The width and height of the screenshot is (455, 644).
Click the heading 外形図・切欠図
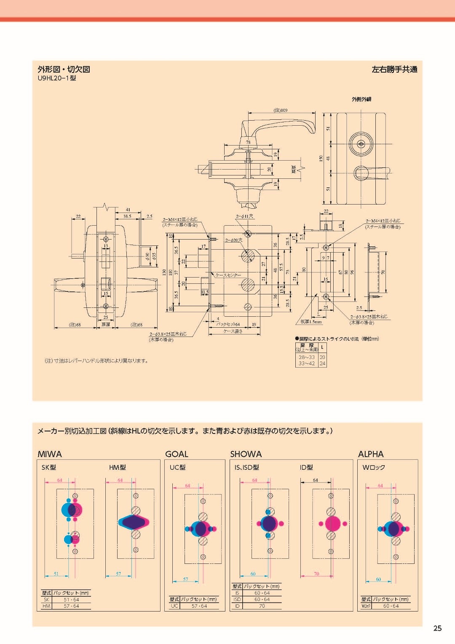64,70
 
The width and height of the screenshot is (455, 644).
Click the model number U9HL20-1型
56,78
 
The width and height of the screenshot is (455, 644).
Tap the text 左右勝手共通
394,70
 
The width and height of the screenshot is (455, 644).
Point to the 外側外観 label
361,100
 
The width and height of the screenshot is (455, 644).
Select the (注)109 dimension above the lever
281,110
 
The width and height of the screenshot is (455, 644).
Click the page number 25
437,628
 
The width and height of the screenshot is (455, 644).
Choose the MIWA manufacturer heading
50,454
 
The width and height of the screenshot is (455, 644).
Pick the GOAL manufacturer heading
177,454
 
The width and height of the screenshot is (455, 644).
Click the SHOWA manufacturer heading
246,454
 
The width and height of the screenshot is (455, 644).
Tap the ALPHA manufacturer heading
371,454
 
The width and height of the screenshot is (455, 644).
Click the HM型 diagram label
117,467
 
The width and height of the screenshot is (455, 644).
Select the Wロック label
374,467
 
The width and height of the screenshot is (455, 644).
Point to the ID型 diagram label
306,467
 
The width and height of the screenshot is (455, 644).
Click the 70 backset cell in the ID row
262,606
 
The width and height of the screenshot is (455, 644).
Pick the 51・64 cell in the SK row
71,600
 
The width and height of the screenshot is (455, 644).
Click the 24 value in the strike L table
322,363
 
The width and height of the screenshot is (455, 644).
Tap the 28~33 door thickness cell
307,357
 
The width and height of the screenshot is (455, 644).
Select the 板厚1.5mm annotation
311,322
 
